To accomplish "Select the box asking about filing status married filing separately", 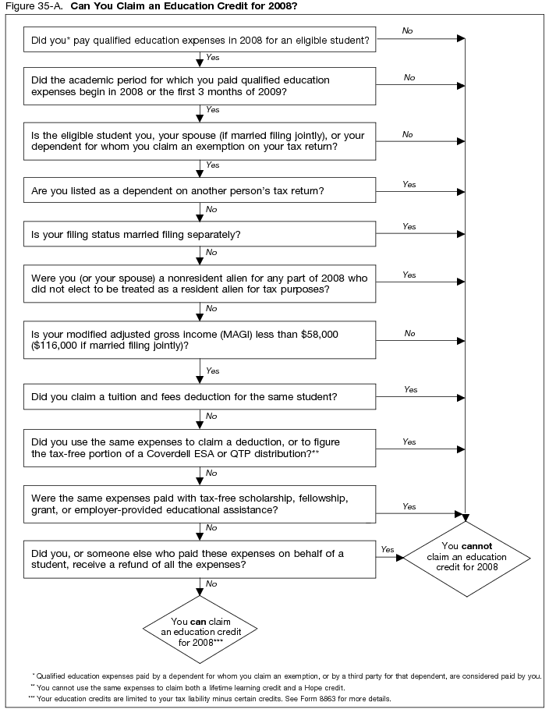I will pos(200,235).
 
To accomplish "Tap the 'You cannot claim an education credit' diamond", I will pos(467,556).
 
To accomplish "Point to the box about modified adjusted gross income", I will pos(200,339).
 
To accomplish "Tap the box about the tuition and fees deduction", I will pos(200,397).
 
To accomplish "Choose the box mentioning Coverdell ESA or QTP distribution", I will pos(200,448).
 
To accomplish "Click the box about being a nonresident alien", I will pos(200,283).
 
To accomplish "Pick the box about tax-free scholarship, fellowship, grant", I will pos(200,504).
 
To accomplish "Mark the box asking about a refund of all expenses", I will pos(200,559).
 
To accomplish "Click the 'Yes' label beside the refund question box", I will pos(387,549).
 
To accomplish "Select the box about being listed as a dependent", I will pos(200,190).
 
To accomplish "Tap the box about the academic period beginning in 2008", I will pos(200,86).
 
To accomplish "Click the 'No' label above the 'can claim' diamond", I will pos(211,584).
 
